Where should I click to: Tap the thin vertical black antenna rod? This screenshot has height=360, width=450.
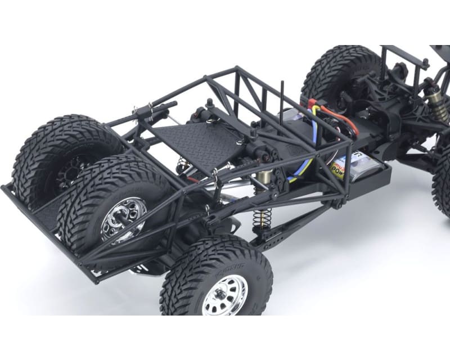[x=282, y=101]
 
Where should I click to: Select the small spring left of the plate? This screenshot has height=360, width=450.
[x=182, y=164]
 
